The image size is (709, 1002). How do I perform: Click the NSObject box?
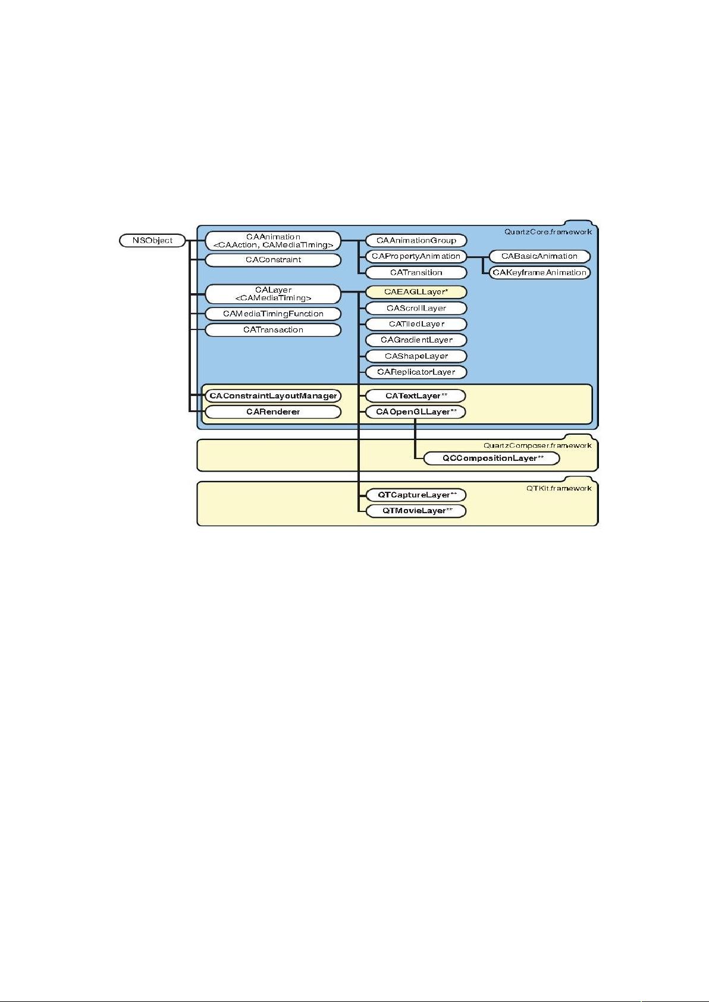click(152, 241)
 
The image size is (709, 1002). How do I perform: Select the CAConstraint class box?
click(273, 260)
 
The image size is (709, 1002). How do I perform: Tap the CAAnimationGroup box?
click(416, 241)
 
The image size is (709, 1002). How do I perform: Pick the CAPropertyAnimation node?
click(416, 256)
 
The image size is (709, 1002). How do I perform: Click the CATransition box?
click(416, 272)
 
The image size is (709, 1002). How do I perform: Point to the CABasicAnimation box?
click(539, 256)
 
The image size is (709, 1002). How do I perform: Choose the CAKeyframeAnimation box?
click(539, 272)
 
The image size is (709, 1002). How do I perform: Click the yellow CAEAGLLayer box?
click(416, 292)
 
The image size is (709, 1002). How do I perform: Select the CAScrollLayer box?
click(416, 308)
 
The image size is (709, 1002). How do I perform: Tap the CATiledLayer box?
click(416, 324)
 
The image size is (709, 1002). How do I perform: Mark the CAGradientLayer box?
click(416, 340)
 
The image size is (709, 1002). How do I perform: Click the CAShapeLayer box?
click(416, 356)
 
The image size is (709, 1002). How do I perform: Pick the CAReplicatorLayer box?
click(416, 372)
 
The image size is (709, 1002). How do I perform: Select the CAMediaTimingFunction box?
click(273, 314)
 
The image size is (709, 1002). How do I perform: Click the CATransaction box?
click(273, 329)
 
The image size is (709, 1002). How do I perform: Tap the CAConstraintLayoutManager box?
click(273, 396)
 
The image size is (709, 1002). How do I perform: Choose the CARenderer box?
click(273, 412)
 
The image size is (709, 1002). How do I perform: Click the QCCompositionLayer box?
click(492, 458)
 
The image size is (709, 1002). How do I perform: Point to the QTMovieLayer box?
click(416, 511)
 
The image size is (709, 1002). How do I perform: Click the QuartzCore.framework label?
click(548, 232)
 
